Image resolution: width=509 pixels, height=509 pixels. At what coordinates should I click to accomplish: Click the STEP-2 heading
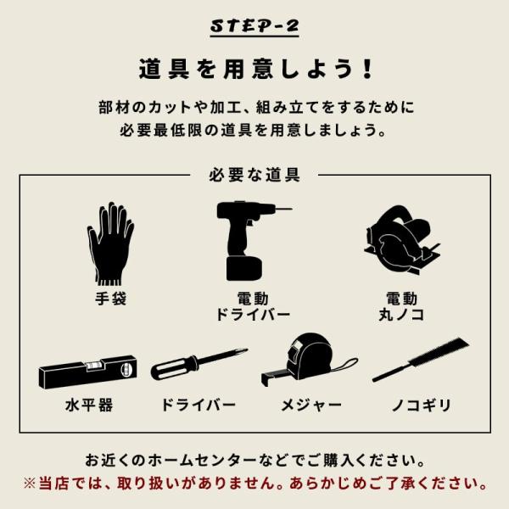pos(255,25)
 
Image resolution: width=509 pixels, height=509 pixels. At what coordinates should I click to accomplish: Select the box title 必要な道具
pos(255,175)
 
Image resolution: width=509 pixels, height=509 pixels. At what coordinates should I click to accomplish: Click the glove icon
pos(110,243)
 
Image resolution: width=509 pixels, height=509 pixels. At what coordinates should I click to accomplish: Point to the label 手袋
pos(110,299)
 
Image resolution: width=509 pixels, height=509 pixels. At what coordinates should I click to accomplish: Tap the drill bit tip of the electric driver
pos(291,209)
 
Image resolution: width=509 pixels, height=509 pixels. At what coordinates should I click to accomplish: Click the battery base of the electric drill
pos(243,269)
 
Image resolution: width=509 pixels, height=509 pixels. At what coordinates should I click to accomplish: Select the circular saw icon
pos(402,241)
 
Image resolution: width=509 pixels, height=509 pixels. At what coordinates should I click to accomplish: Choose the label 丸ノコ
pos(401,315)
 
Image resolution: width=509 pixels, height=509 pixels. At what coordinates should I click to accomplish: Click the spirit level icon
pos(87,372)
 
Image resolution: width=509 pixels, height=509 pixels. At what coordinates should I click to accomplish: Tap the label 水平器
pos(89,406)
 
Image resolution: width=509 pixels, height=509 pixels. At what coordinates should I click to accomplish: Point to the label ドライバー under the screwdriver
pos(199,405)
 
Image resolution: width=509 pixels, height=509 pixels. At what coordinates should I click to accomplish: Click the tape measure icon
pos(310,360)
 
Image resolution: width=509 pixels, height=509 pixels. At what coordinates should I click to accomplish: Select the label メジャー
pos(311,406)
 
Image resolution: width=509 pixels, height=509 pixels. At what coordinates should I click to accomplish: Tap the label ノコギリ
pos(422,406)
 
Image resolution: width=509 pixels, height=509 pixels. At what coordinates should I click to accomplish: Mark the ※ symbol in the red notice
pos(30,484)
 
